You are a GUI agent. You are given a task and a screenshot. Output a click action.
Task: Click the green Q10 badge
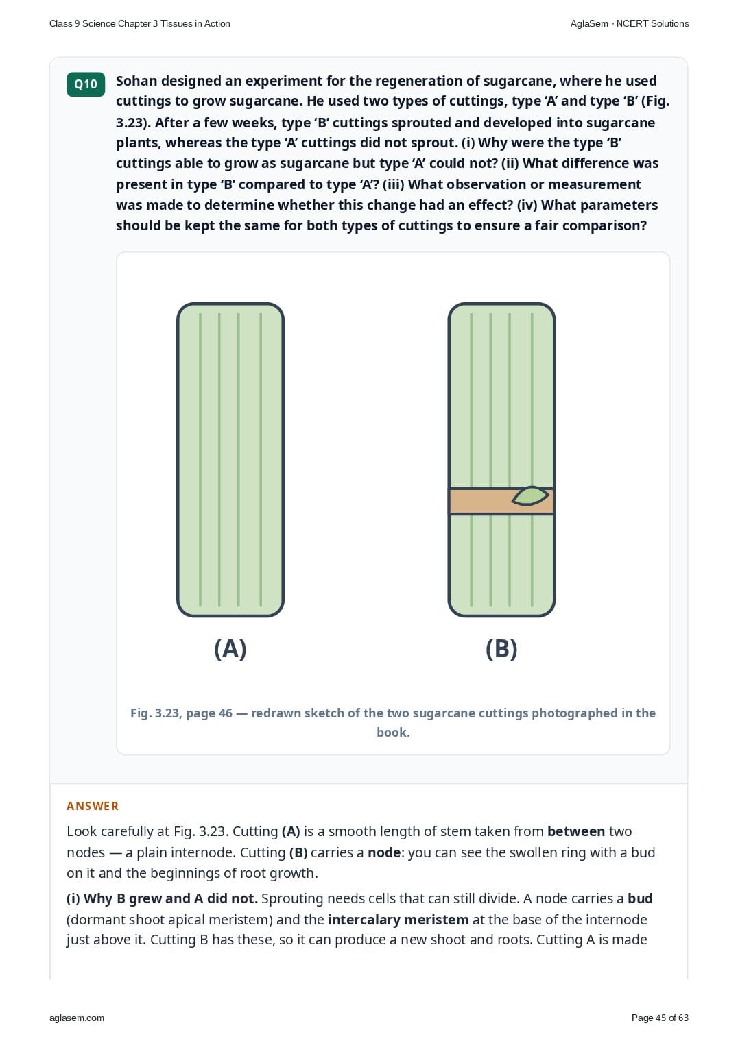(x=86, y=84)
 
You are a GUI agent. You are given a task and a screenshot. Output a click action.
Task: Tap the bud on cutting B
(x=530, y=495)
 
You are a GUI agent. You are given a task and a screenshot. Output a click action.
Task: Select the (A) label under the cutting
(x=230, y=648)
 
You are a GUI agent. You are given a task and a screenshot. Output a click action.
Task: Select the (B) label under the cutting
(x=501, y=648)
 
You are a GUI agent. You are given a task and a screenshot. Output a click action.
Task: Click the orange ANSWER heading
(x=93, y=806)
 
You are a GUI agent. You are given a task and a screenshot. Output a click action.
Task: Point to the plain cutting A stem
(x=230, y=460)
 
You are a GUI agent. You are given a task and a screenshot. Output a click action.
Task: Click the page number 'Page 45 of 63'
(x=660, y=1018)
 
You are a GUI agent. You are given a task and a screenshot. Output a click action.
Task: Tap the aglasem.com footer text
(x=77, y=1018)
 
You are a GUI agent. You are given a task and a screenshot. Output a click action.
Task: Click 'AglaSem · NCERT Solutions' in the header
(x=630, y=24)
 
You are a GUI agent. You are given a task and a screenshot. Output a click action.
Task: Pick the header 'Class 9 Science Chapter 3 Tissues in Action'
(x=140, y=24)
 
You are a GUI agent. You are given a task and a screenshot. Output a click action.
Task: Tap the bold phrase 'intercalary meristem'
(x=398, y=920)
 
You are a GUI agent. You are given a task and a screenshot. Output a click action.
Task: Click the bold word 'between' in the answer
(x=576, y=831)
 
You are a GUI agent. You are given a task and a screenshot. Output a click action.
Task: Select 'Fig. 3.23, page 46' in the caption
(x=181, y=713)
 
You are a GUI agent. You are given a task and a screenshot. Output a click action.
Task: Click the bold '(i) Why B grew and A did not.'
(x=162, y=898)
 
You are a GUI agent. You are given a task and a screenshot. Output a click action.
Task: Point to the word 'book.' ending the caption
(x=393, y=733)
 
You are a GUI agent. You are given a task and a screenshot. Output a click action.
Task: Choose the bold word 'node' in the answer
(x=384, y=852)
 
